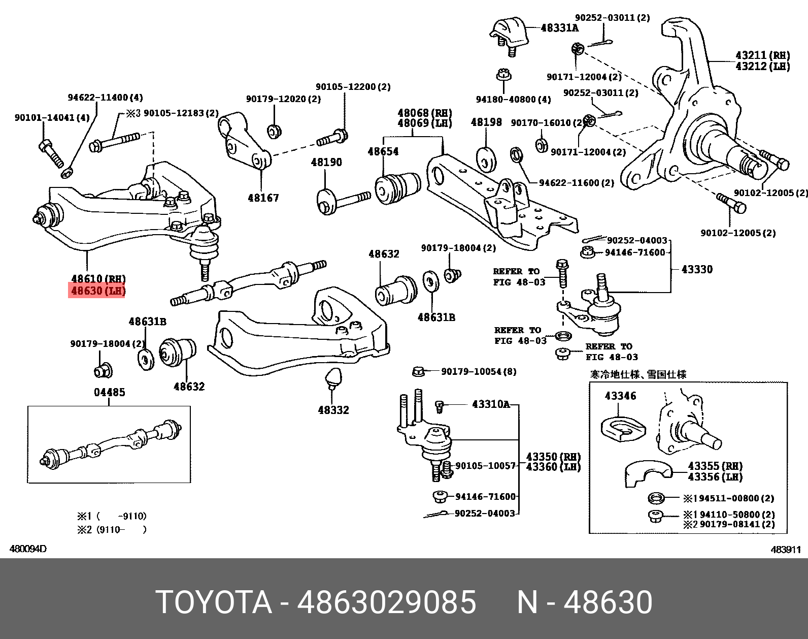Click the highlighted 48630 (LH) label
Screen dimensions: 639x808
point(97,291)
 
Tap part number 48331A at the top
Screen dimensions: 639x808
point(559,28)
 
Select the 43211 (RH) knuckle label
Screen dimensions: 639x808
point(762,55)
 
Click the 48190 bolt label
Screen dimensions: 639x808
point(326,162)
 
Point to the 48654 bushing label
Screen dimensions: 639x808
point(383,151)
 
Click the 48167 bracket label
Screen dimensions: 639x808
point(263,198)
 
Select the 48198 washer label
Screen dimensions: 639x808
point(486,122)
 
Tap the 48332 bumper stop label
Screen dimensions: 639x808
point(333,409)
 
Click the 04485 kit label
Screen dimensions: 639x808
point(109,392)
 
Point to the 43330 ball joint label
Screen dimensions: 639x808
point(697,269)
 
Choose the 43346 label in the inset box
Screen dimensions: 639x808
point(620,396)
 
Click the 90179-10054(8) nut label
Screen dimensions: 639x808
point(479,371)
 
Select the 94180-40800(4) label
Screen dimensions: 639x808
point(513,99)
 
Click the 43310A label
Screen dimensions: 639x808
point(490,404)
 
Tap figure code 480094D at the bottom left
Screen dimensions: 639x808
point(28,549)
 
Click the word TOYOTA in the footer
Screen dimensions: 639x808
point(214,602)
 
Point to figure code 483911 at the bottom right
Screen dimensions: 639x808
point(786,549)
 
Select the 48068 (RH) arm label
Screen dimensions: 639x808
point(424,113)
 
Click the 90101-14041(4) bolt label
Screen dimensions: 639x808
point(52,117)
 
